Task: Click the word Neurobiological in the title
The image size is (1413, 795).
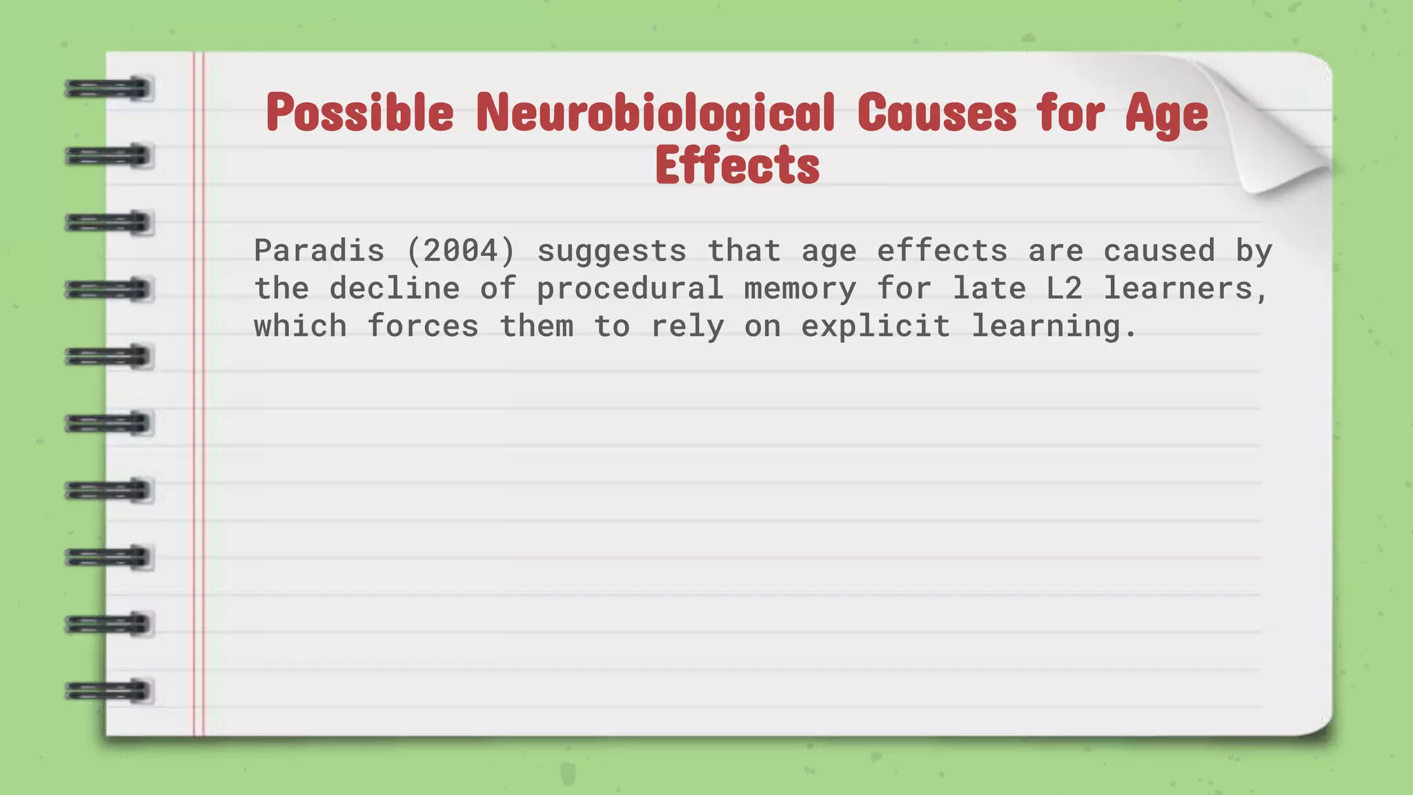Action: coord(655,112)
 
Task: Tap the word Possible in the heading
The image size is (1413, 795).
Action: coord(360,112)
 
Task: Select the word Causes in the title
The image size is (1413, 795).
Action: coord(937,112)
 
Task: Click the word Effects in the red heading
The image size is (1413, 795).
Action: coord(738,166)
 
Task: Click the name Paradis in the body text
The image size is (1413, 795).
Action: coord(319,251)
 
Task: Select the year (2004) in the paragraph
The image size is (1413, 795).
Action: coord(461,251)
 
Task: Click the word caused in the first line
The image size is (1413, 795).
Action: coord(1159,251)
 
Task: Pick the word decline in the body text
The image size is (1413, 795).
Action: coord(395,288)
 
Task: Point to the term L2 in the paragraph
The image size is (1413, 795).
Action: coord(1065,288)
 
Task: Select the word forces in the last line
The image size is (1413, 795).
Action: coord(423,326)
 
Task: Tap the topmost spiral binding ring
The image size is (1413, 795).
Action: coord(108,89)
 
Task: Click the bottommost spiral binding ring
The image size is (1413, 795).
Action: coord(108,691)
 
